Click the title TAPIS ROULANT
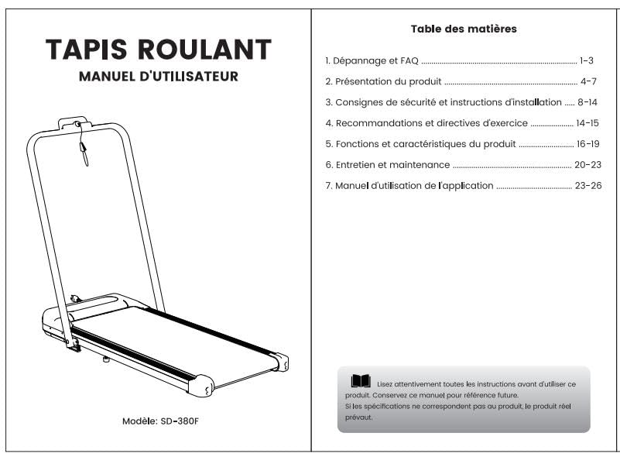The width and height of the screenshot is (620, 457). point(159,50)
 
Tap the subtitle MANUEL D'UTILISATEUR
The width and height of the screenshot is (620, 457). point(159,77)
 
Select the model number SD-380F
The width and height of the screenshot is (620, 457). point(180,421)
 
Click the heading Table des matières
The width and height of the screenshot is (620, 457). point(464,29)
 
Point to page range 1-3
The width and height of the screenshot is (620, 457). point(587,60)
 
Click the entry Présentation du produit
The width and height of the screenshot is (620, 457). point(388,81)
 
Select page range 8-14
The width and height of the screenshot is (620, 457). point(587,102)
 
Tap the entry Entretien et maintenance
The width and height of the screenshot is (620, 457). point(392,165)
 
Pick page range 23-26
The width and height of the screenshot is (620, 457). point(588,186)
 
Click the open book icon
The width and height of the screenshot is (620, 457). point(361,381)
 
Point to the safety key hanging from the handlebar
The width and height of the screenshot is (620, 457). point(84,153)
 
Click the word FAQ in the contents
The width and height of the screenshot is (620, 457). point(409,60)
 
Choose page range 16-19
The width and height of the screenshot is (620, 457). point(588,143)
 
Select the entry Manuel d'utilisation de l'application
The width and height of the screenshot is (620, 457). point(414,186)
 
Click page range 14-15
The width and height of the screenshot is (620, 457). point(587,123)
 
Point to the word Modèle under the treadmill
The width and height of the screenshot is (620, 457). point(139,421)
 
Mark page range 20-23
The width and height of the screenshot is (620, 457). point(587,165)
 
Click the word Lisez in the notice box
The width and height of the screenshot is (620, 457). point(384,384)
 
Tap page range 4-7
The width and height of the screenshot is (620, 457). point(588,81)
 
